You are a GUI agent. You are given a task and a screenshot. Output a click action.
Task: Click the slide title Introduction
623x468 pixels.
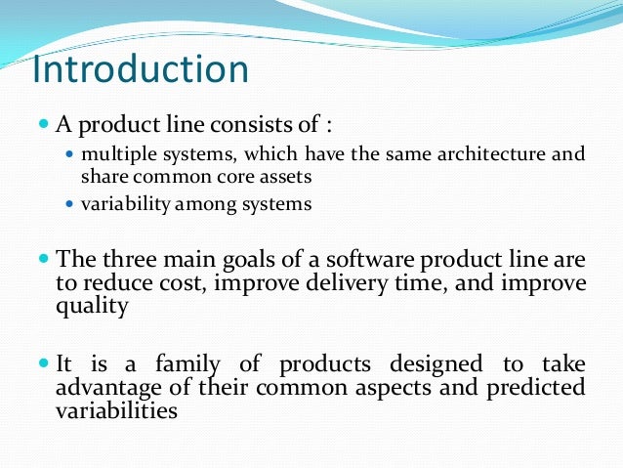click(x=141, y=70)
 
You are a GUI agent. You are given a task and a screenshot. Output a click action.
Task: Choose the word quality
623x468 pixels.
click(x=93, y=305)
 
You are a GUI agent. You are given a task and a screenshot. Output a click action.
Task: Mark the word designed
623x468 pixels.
click(x=439, y=365)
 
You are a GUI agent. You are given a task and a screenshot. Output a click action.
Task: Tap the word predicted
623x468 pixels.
click(x=534, y=388)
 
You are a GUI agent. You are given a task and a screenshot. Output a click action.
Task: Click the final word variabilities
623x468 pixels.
click(x=118, y=410)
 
